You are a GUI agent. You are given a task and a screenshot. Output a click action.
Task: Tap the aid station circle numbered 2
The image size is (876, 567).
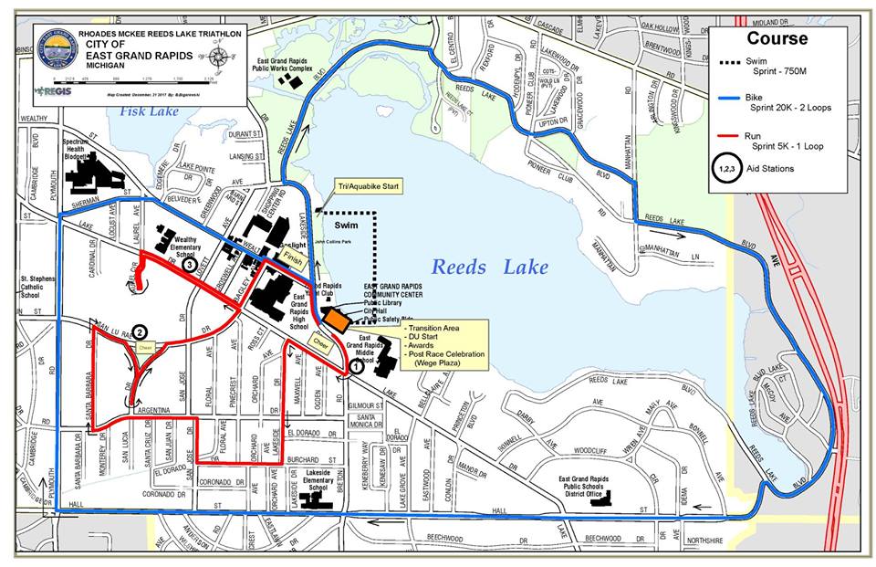140,332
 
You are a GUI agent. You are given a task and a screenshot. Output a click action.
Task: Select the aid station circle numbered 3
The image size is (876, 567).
189,264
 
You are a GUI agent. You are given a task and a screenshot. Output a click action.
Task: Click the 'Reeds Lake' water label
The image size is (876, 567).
490,267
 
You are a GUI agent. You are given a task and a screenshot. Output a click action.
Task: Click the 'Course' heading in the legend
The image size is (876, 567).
777,38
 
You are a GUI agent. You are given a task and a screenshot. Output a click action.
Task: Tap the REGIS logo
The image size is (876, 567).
48,91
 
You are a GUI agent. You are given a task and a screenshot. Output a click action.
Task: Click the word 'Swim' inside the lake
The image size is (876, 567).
346,223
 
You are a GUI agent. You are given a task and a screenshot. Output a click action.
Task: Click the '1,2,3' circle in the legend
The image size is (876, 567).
727,168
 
